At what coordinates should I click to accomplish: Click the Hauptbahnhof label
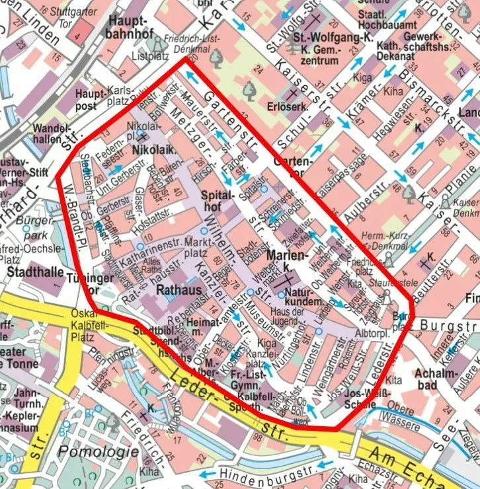132,27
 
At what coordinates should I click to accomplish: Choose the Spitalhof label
221,202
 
